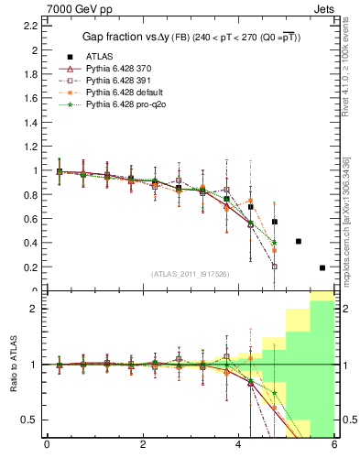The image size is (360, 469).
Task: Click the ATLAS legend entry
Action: pos(99,56)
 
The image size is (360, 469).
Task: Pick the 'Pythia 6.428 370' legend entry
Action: pos(118,69)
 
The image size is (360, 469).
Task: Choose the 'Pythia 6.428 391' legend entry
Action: pos(118,81)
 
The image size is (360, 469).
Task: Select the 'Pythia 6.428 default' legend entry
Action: pos(124,93)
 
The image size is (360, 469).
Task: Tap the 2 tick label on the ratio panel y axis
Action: pos(35,309)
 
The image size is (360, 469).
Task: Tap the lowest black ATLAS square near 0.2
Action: pos(322,267)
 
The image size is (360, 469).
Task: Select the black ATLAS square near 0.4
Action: pos(299,242)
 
